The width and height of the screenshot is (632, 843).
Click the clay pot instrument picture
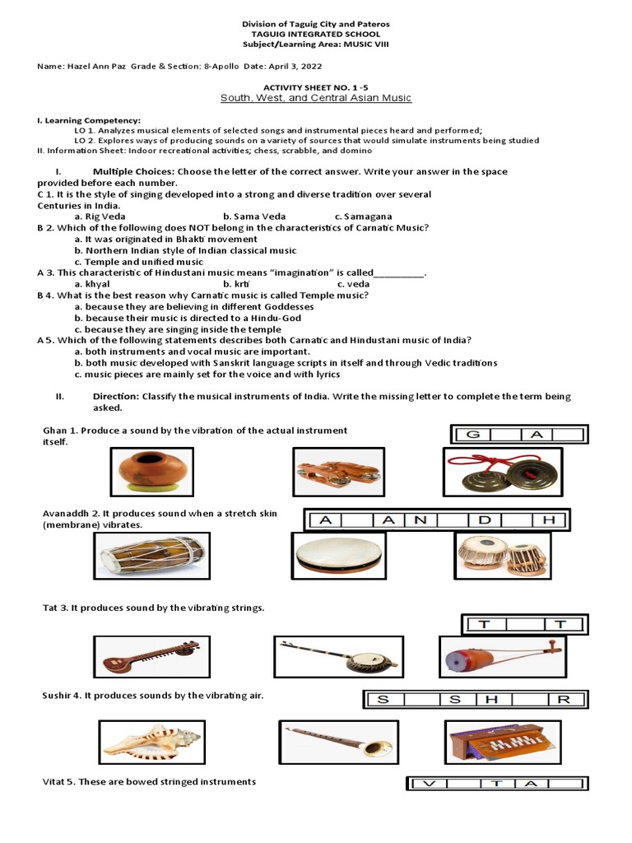[x=152, y=472]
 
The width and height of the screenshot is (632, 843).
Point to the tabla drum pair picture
[x=501, y=556]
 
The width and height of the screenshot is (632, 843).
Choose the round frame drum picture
[x=338, y=557]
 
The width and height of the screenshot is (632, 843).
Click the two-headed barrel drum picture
[x=151, y=556]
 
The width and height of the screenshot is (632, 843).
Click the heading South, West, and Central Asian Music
[x=315, y=98]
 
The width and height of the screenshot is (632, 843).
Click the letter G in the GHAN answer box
[x=473, y=434]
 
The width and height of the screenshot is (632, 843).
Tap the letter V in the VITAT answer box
[x=428, y=784]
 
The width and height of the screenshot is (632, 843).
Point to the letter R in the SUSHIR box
[x=564, y=700]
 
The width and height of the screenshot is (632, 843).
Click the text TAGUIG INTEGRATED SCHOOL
[x=315, y=35]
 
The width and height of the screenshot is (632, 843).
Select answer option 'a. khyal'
[x=91, y=283]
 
